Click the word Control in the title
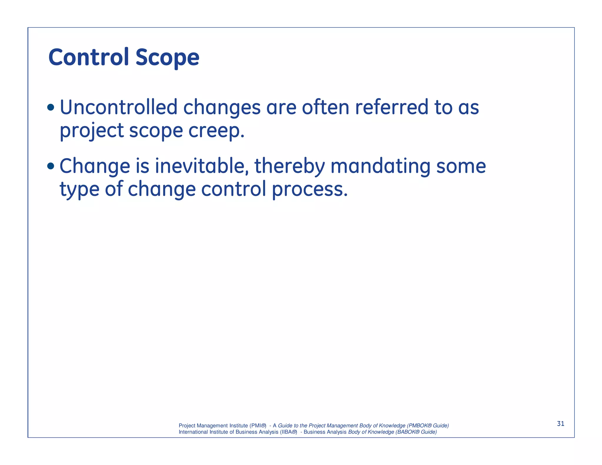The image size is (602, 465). (x=88, y=57)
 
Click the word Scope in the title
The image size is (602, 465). (x=167, y=58)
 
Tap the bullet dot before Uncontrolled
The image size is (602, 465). (x=51, y=108)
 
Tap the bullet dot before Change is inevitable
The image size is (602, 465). (x=51, y=166)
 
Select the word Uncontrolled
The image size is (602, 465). (x=118, y=107)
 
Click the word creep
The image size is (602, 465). (x=216, y=131)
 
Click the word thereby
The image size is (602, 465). (x=289, y=166)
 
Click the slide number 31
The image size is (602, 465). (x=561, y=424)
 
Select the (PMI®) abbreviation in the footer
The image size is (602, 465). (x=258, y=426)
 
